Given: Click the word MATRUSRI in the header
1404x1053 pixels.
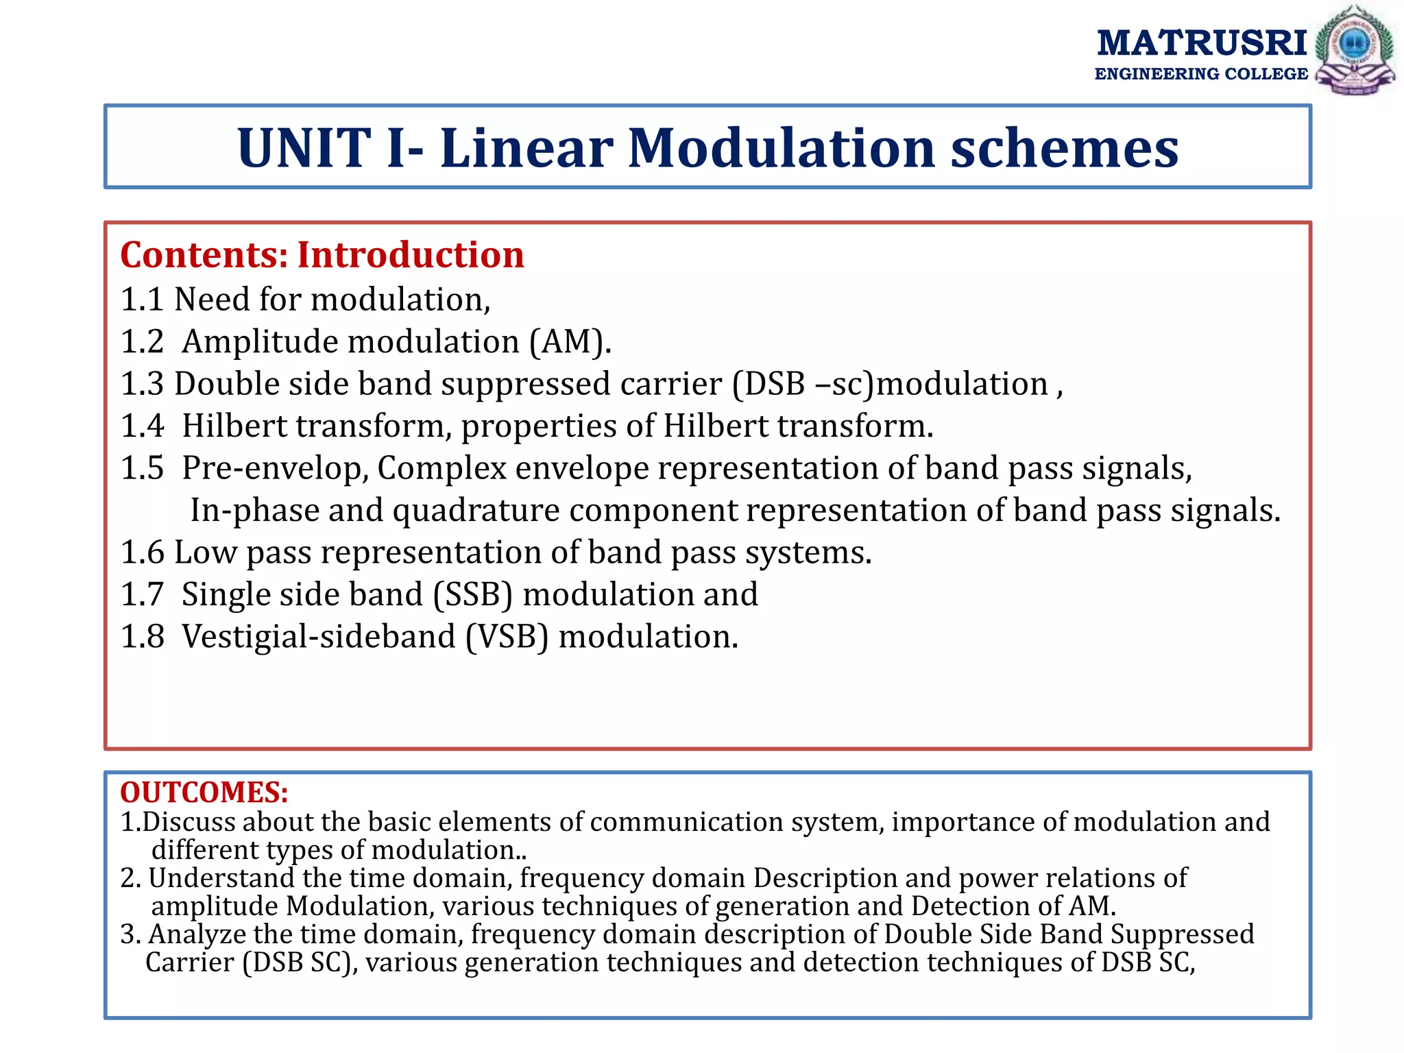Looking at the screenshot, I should pos(1202,43).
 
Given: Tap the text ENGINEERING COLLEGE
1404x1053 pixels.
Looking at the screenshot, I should pos(1201,74).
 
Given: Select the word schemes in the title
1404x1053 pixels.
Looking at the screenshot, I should pos(1064,147).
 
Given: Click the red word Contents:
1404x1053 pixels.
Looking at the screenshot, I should pos(204,255).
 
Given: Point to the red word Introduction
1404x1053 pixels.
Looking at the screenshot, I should pos(410,255).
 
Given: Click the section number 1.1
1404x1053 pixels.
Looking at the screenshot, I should pos(141,300).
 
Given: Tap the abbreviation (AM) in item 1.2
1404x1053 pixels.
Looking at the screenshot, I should pos(570,342).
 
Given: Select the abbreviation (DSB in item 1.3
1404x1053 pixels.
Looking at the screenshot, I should pos(768,384).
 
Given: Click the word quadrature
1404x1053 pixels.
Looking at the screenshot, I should pos(476,511).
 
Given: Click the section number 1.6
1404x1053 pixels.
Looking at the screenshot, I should pos(141,553).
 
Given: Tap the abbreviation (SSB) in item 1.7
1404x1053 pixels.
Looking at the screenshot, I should pos(472,594).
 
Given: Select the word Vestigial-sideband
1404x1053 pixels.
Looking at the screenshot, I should pos(318,637).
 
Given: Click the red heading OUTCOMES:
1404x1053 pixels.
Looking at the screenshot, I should pos(204,792).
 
